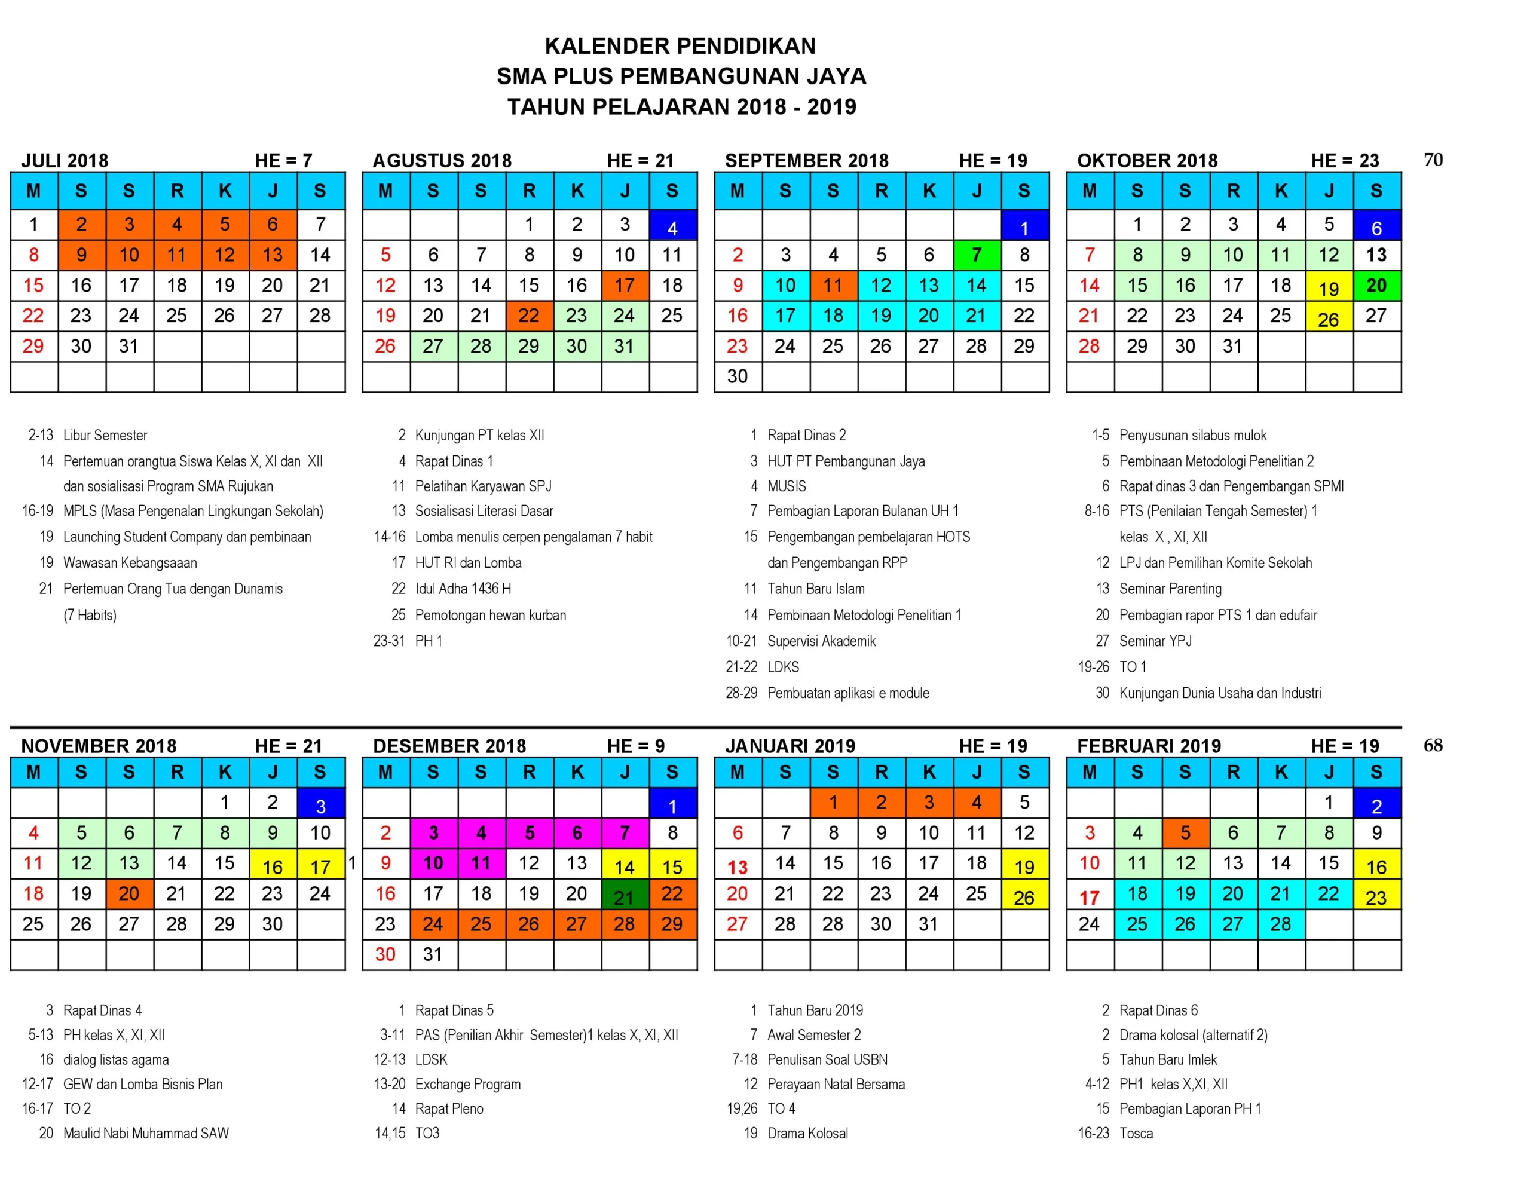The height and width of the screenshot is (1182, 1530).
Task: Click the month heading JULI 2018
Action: click(65, 161)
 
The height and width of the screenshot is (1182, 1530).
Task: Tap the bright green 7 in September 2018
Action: click(976, 255)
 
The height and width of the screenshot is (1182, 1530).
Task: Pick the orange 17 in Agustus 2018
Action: click(623, 285)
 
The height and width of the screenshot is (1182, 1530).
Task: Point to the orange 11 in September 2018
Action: click(833, 285)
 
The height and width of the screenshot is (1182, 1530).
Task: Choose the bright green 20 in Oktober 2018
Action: click(1376, 285)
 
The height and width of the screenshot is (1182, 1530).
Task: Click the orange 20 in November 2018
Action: click(129, 893)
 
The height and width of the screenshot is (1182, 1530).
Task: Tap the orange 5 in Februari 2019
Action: click(1185, 833)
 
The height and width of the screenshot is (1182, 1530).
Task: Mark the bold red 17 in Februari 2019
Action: click(1089, 897)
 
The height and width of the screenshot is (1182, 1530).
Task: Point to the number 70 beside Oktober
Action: click(1433, 160)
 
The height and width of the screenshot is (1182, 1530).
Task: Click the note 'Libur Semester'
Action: click(105, 435)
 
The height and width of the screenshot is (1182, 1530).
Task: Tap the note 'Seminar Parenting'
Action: click(1170, 589)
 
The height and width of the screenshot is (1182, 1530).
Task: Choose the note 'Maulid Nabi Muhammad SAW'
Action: click(146, 1133)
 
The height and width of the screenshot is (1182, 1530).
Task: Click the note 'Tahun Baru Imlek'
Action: click(1167, 1059)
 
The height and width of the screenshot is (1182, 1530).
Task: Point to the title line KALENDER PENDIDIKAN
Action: click(680, 45)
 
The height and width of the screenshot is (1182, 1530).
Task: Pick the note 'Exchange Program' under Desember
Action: click(467, 1084)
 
